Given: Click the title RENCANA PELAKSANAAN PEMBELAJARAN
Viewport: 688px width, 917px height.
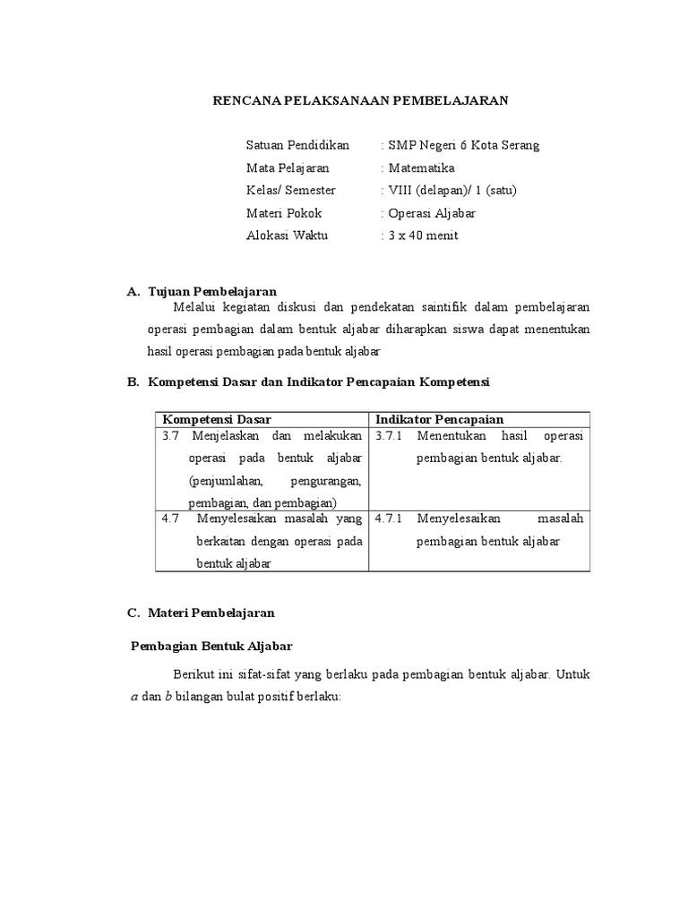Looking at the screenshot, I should [359, 101].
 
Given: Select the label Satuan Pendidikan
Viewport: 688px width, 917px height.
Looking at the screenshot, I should [297, 145].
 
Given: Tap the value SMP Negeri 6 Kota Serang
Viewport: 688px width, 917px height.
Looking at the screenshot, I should [462, 145].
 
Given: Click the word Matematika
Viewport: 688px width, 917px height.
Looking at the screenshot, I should [420, 167].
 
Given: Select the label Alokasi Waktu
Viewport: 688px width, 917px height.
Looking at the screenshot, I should [287, 236].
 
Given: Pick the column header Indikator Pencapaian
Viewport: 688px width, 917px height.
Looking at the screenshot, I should [439, 419].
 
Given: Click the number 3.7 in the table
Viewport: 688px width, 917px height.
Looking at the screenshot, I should [171, 436].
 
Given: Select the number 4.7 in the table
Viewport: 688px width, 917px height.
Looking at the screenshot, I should [171, 518].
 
